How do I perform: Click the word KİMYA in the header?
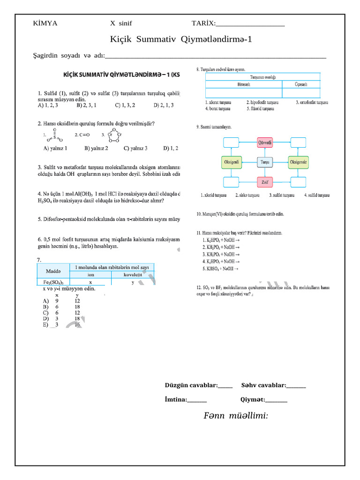point(45,23)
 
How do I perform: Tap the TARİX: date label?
point(203,23)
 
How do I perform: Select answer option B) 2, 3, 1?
point(86,105)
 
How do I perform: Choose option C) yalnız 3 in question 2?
point(135,148)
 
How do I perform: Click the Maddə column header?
point(53,271)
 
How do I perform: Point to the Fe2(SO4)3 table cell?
point(53,282)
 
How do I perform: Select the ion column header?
point(90,275)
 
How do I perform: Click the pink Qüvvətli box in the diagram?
point(265,142)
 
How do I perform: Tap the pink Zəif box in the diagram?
point(265,182)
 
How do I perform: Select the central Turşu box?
point(265,162)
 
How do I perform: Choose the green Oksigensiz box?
point(299,162)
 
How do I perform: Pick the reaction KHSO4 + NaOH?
point(220,269)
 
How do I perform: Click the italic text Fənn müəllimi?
point(236,416)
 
